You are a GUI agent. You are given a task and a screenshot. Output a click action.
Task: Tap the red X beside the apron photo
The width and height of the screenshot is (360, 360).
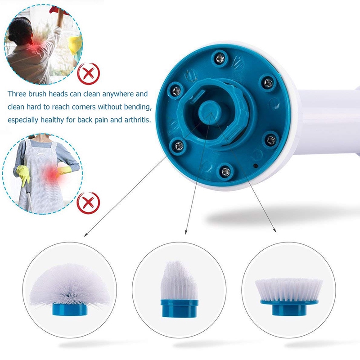click(x=88, y=203)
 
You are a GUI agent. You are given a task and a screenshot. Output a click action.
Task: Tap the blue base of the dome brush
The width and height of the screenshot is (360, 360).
click(x=70, y=309)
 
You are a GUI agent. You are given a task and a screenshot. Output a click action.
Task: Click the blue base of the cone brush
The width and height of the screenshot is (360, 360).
click(x=179, y=308)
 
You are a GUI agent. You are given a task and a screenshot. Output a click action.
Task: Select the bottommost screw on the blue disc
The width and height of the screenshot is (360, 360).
click(x=225, y=171)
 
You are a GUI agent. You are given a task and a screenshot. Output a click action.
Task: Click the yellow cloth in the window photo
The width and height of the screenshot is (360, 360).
click(x=75, y=45)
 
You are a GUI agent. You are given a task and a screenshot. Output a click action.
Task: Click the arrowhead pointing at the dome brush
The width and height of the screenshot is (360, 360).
click(x=85, y=234)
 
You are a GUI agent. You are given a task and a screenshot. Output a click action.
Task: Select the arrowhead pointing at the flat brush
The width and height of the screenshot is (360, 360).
click(x=274, y=230)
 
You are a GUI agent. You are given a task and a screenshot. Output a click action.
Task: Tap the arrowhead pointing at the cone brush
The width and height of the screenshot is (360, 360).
click(x=186, y=232)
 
